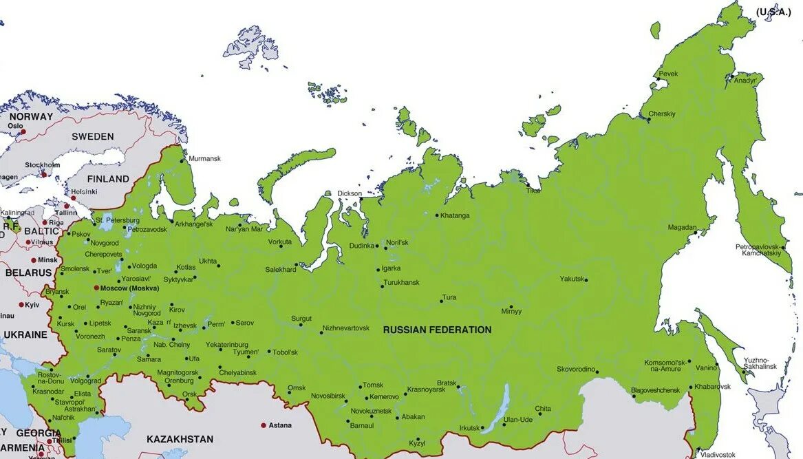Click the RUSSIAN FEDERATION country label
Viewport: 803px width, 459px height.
tap(437, 330)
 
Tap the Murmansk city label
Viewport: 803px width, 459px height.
tap(204, 159)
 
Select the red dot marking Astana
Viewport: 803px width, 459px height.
tap(263, 425)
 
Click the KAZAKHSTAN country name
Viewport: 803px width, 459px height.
tap(180, 439)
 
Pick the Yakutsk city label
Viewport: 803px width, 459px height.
tap(571, 279)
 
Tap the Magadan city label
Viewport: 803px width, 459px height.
tap(682, 228)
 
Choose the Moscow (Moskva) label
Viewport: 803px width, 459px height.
tap(129, 288)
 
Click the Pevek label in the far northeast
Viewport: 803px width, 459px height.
tap(668, 74)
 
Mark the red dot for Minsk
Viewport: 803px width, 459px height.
tap(33, 260)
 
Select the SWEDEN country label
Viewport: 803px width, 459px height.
tap(93, 137)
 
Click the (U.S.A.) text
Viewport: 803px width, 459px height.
tap(773, 12)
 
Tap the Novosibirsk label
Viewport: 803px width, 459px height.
tap(328, 396)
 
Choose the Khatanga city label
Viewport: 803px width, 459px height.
tap(455, 215)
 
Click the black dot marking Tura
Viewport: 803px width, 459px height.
tap(441, 301)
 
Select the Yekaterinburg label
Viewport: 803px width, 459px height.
tap(226, 344)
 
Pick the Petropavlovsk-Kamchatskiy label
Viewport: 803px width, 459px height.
tap(762, 250)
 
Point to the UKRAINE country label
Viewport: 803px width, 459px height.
tap(25, 335)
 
